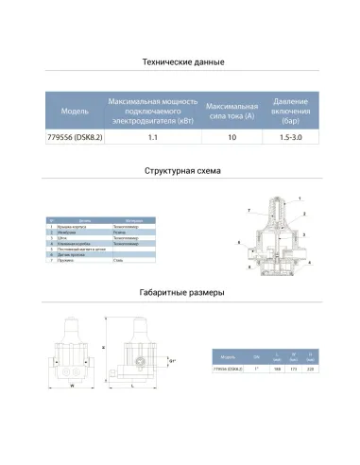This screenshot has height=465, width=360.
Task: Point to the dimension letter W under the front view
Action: (72, 385)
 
